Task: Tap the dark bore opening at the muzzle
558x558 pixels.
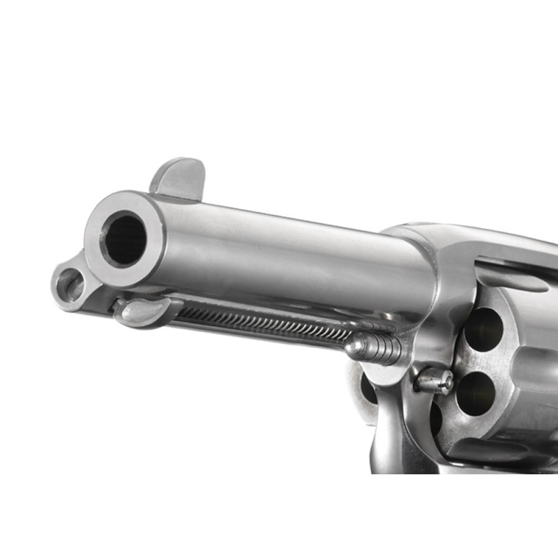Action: (x=126, y=239)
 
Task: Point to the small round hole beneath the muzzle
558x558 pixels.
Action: (x=71, y=285)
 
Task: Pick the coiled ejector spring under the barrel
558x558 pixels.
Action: (x=265, y=322)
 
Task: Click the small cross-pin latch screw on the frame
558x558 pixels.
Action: (x=434, y=380)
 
